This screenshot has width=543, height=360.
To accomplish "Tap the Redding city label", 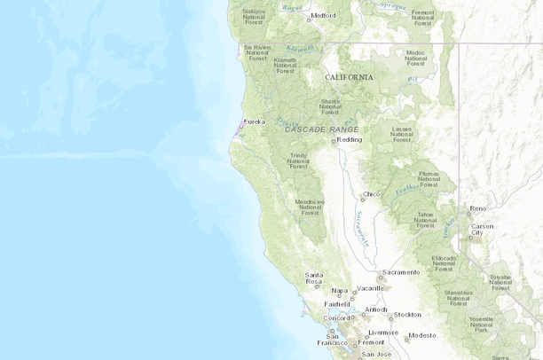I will tap(350, 139).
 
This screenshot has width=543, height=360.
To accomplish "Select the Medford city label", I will tap(323, 15).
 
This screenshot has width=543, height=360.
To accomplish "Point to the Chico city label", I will tap(373, 193).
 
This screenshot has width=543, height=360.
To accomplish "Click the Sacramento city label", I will tap(400, 272).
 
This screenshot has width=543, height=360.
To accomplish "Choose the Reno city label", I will tap(478, 208).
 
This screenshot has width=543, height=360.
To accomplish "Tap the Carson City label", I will tap(482, 230).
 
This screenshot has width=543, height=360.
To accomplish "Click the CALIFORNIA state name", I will tap(349, 77).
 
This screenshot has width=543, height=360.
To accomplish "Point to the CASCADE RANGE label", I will tap(322, 129).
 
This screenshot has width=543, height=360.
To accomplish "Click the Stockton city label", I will tap(407, 315).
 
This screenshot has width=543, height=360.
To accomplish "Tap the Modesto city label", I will tap(422, 335).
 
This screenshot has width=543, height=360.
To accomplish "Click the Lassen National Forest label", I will tap(402, 134).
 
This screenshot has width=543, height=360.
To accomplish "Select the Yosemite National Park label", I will tap(482, 325).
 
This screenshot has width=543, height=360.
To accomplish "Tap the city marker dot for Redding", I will tap(334, 140).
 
